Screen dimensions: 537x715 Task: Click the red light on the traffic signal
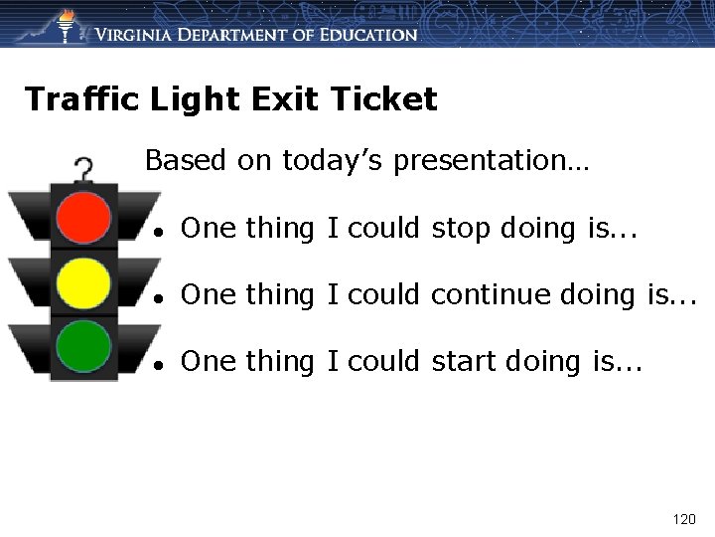[x=83, y=215]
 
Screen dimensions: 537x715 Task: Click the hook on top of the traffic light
[x=84, y=169]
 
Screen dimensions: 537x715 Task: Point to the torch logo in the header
[x=66, y=24]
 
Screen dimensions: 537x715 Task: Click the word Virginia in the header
[x=138, y=35]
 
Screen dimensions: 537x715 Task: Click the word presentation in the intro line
[x=486, y=160]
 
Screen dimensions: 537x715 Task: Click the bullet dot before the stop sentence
[x=159, y=231]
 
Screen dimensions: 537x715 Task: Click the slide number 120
[x=684, y=519]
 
